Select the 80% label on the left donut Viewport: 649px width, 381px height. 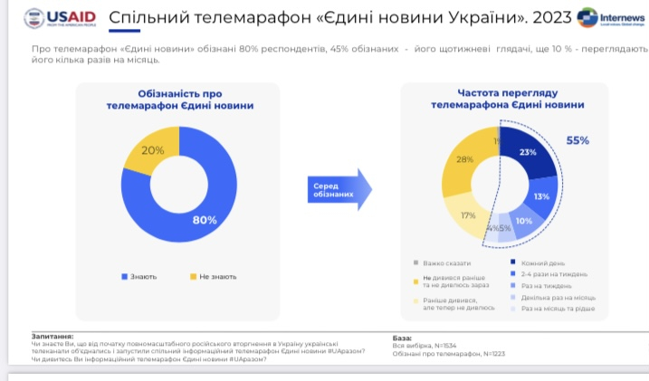click(x=205, y=219)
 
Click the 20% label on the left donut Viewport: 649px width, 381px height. click(x=153, y=150)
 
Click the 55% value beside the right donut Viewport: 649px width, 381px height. click(x=577, y=140)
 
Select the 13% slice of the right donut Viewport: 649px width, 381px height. click(x=541, y=196)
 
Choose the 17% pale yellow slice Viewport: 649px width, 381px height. click(x=467, y=215)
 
